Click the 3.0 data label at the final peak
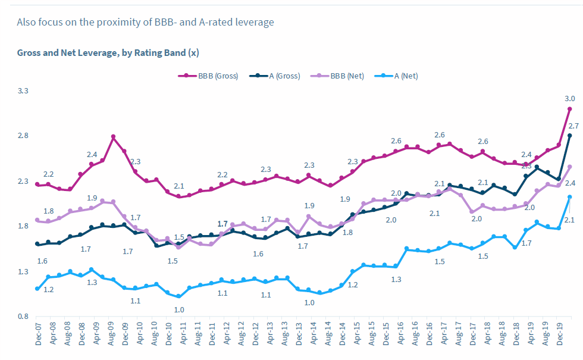[569, 99]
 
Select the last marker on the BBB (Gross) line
[569, 109]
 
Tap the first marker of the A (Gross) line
[37, 244]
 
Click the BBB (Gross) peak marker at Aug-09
[113, 137]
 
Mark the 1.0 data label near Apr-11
[178, 309]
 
